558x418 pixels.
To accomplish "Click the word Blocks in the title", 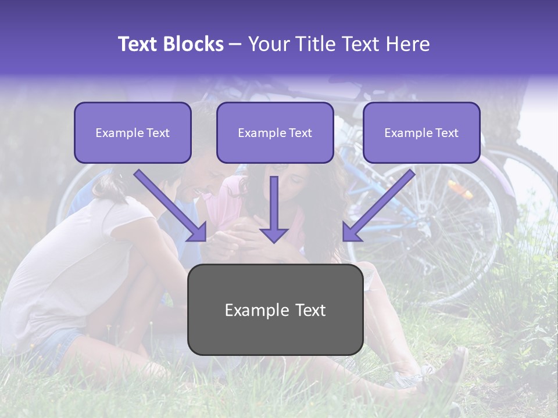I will coord(194,44).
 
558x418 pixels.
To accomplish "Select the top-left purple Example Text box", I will coord(133,132).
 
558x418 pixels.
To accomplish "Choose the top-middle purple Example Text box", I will coord(275,132).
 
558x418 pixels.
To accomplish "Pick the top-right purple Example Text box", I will coord(421,132).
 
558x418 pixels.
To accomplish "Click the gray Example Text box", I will coord(276,310).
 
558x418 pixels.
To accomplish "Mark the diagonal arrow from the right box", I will coord(378,206).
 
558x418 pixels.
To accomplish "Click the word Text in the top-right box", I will coord(446,133).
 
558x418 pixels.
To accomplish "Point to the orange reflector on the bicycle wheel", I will coord(456,188).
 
